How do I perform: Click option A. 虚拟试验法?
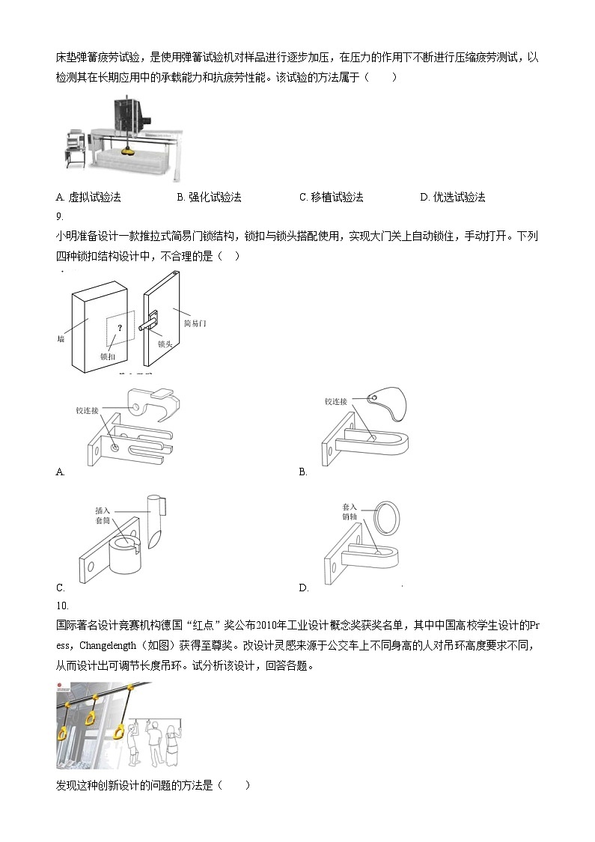point(88,198)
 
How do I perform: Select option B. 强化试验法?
point(209,198)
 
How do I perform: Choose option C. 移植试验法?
point(331,198)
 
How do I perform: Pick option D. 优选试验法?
point(453,198)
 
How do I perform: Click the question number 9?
point(60,217)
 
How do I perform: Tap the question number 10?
point(62,605)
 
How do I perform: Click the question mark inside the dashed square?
point(119,326)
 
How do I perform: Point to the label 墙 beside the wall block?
point(60,339)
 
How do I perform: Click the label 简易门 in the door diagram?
point(195,323)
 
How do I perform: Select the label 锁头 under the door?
point(165,345)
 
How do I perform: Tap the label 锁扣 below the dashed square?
point(108,358)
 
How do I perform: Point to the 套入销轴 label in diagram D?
point(350,512)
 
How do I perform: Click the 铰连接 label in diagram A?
point(87,411)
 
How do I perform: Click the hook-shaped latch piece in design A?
point(153,403)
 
